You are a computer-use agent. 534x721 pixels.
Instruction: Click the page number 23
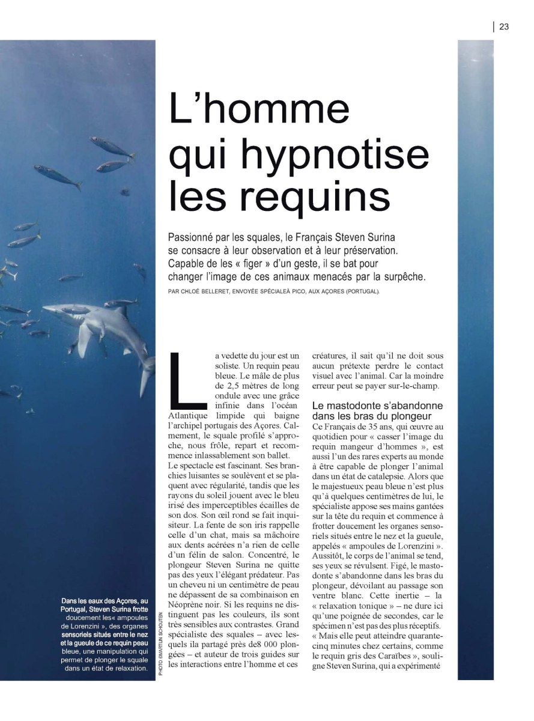(504, 26)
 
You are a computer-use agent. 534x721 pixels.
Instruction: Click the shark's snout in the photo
(48, 308)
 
